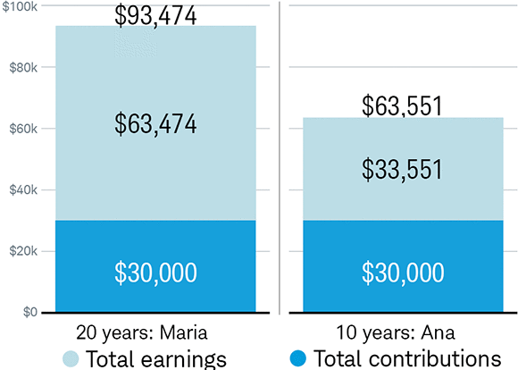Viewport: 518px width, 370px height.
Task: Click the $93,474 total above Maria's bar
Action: (156, 15)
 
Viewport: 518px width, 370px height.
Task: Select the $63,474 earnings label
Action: (156, 123)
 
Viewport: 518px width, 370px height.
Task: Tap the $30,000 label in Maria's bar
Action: (156, 273)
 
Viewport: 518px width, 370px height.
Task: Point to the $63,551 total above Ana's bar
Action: (403, 105)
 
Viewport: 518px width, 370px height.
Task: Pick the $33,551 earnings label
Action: (403, 169)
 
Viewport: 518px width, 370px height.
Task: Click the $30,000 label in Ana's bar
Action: (403, 273)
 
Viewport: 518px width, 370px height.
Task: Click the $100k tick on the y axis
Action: (19, 6)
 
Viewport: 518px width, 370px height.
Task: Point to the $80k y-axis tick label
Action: (21, 67)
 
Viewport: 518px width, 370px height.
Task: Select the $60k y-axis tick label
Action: (21, 129)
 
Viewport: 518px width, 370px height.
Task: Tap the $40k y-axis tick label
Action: (21, 190)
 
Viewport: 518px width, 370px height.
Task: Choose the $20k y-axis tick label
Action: (21, 251)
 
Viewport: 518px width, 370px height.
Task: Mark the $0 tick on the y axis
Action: (29, 312)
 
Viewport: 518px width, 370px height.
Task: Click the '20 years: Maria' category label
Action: (142, 332)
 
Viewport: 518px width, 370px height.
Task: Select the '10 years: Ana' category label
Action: (404, 332)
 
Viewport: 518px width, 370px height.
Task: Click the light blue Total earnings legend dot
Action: (71, 358)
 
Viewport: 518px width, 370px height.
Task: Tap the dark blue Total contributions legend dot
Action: (300, 358)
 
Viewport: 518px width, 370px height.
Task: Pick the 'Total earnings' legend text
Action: (155, 358)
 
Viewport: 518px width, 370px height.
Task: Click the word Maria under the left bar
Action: (185, 332)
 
